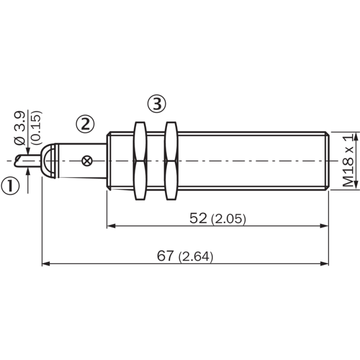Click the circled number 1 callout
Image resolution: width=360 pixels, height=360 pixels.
[x=10, y=186]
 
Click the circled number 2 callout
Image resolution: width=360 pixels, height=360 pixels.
[x=85, y=124]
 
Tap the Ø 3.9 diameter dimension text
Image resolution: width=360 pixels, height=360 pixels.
[x=20, y=129]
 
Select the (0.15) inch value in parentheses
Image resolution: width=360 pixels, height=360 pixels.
[x=36, y=128]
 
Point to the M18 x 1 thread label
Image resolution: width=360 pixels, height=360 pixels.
[x=348, y=161]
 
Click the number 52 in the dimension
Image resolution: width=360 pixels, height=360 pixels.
[x=198, y=218]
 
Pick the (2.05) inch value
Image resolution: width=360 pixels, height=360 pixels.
[x=229, y=219]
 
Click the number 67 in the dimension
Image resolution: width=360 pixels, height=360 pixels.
[x=166, y=256]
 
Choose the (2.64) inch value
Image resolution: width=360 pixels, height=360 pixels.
[x=196, y=256]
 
